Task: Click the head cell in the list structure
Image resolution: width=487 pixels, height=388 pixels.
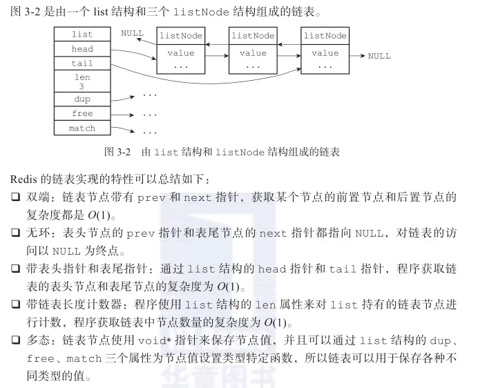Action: pyautogui.click(x=82, y=49)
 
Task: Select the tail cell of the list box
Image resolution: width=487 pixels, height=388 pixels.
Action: pyautogui.click(x=82, y=63)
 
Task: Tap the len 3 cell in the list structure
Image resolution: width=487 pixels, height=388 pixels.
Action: pyautogui.click(x=82, y=82)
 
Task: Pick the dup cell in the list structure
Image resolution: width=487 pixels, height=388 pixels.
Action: pyautogui.click(x=82, y=99)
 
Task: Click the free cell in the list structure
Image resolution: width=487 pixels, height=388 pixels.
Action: pyautogui.click(x=82, y=113)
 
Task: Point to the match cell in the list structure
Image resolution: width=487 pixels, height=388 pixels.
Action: pyautogui.click(x=82, y=128)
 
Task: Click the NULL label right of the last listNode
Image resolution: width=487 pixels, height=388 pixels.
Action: pyautogui.click(x=379, y=56)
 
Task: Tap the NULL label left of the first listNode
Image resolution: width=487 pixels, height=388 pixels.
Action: pyautogui.click(x=132, y=33)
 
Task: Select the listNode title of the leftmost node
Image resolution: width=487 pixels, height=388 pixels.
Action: pyautogui.click(x=181, y=35)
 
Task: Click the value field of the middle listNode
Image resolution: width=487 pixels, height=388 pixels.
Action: pyautogui.click(x=253, y=53)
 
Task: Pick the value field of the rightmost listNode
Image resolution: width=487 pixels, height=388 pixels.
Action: pyautogui.click(x=325, y=53)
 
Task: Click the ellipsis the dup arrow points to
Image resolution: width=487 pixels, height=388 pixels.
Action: pyautogui.click(x=149, y=95)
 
